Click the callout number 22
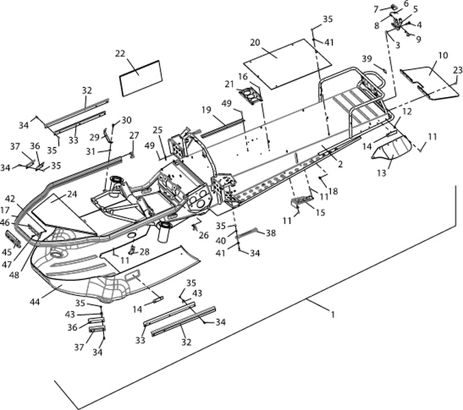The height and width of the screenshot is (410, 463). pyautogui.click(x=120, y=53)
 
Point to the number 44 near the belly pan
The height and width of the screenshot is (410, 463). pyautogui.click(x=35, y=299)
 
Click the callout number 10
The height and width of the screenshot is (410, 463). pyautogui.click(x=442, y=54)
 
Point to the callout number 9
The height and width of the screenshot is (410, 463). pyautogui.click(x=418, y=38)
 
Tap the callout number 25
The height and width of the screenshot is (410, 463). pyautogui.click(x=157, y=130)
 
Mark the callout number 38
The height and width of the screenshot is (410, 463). pyautogui.click(x=271, y=233)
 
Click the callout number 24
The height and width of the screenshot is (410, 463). pyautogui.click(x=72, y=194)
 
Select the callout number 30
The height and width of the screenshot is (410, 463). pyautogui.click(x=127, y=120)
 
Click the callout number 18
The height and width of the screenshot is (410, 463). pyautogui.click(x=333, y=191)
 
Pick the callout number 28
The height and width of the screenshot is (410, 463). pyautogui.click(x=144, y=251)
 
